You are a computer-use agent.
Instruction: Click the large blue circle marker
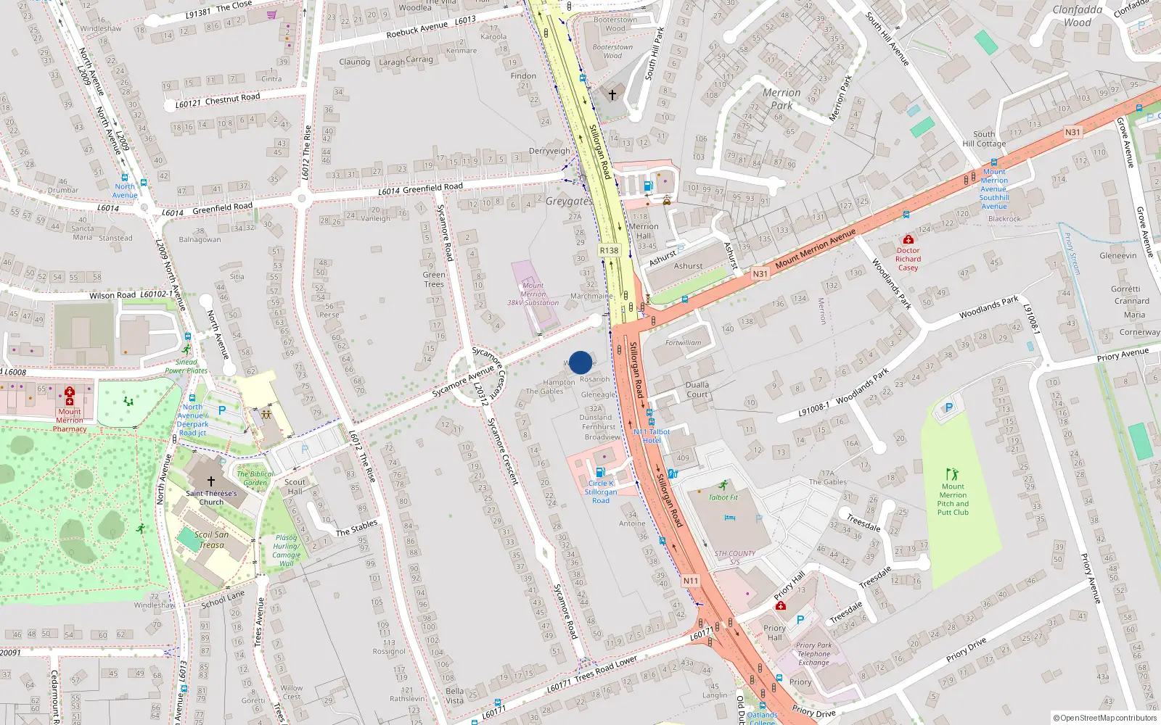(580, 362)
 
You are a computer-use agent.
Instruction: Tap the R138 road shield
(609, 251)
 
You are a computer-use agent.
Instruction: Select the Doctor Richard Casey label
(908, 259)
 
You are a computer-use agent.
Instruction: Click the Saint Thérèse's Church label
(211, 497)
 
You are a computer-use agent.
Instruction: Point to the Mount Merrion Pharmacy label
(70, 420)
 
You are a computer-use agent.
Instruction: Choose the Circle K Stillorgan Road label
(601, 492)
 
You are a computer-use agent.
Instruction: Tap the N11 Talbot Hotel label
(652, 436)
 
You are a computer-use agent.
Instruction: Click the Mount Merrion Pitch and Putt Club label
(953, 500)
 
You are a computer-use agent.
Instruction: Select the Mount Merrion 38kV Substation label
(533, 294)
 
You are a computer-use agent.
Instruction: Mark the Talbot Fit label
(723, 497)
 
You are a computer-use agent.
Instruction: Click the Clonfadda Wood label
(1078, 16)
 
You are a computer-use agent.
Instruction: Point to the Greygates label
(569, 202)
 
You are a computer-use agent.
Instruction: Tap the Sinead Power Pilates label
(186, 366)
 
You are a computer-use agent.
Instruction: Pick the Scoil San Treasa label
(211, 540)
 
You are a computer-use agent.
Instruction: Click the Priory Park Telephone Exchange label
(813, 654)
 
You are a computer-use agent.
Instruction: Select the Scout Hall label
(295, 486)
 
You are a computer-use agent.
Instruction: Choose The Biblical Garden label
(255, 478)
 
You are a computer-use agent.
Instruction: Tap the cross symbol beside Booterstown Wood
(612, 95)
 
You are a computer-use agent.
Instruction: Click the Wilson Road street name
(112, 296)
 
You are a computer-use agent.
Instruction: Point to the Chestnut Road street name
(232, 99)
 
